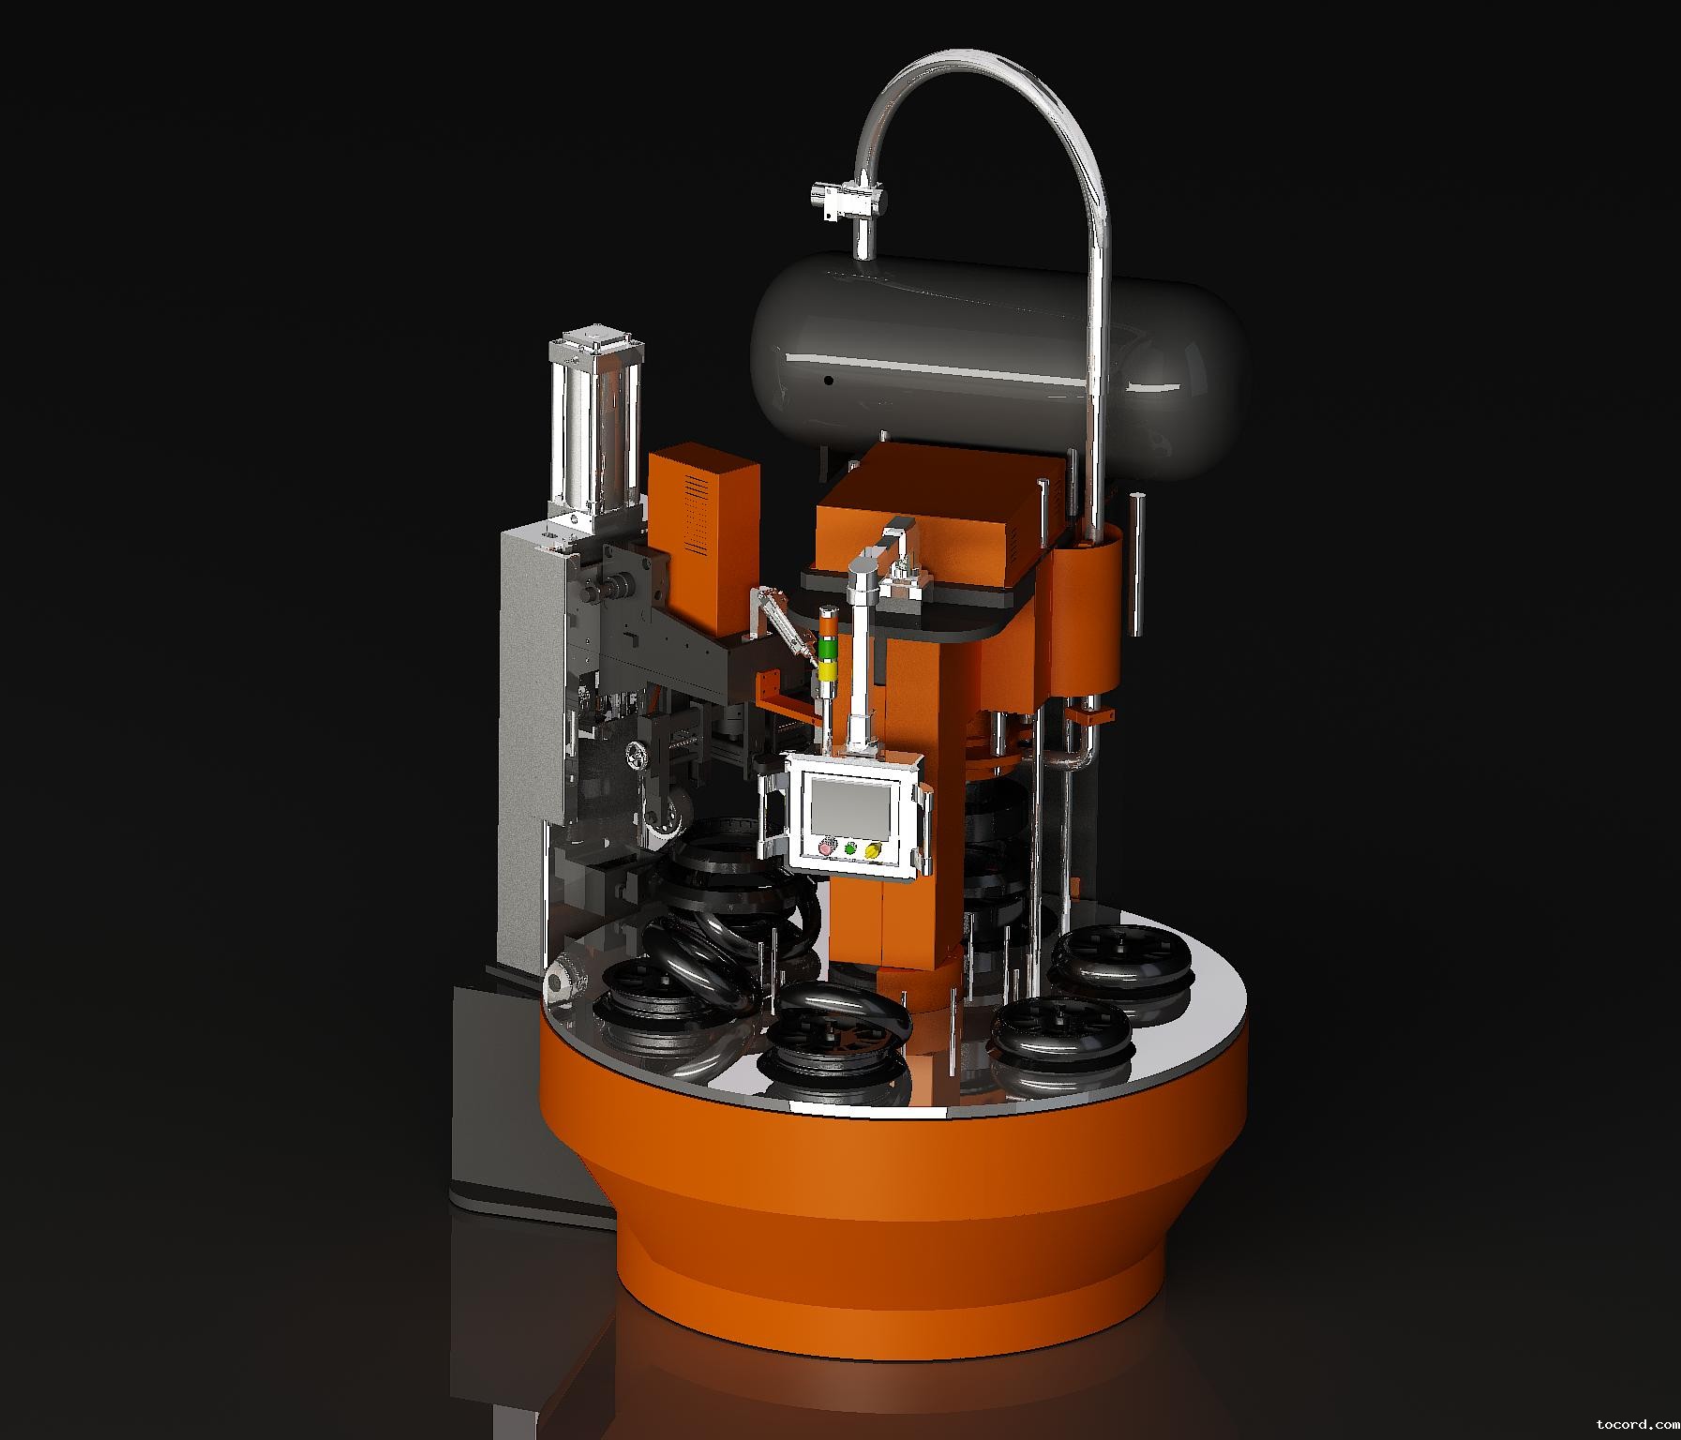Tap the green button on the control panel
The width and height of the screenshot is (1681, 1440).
point(850,849)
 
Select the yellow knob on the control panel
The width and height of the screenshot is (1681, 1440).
point(873,851)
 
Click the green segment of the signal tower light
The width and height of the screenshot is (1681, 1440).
point(827,650)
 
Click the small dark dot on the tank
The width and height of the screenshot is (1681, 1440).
point(829,382)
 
